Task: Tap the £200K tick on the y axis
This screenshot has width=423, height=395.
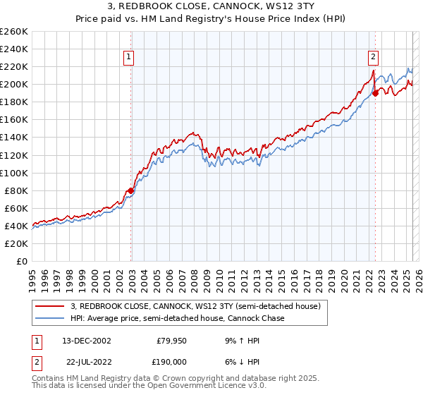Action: [13, 84]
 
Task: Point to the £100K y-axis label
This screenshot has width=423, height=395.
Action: [13, 173]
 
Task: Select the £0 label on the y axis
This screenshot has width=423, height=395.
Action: [20, 261]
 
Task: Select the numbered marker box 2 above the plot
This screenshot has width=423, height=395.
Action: [373, 59]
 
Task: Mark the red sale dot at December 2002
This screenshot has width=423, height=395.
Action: [131, 190]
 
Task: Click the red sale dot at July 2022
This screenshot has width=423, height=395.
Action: [376, 92]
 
